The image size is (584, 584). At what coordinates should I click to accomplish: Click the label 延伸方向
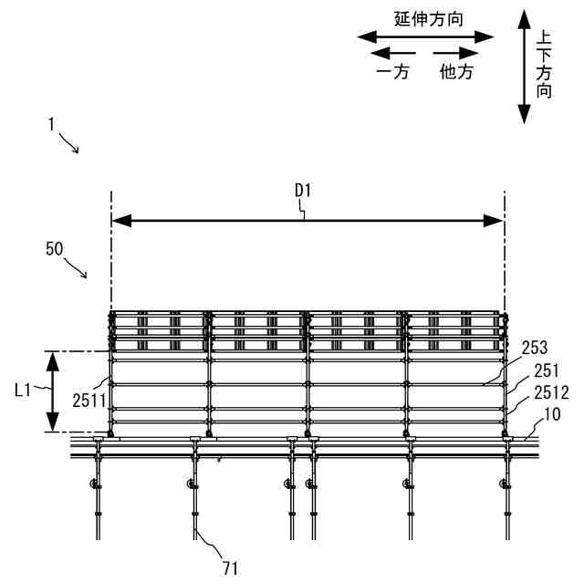coord(425,18)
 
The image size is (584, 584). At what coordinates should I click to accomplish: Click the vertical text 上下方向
coord(545,66)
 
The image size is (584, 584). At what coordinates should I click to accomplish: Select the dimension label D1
coord(304,190)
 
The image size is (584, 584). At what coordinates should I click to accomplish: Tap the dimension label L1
coord(24,391)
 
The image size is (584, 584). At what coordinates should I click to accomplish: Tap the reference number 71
coord(230,568)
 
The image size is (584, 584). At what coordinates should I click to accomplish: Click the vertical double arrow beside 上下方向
coord(524,66)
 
